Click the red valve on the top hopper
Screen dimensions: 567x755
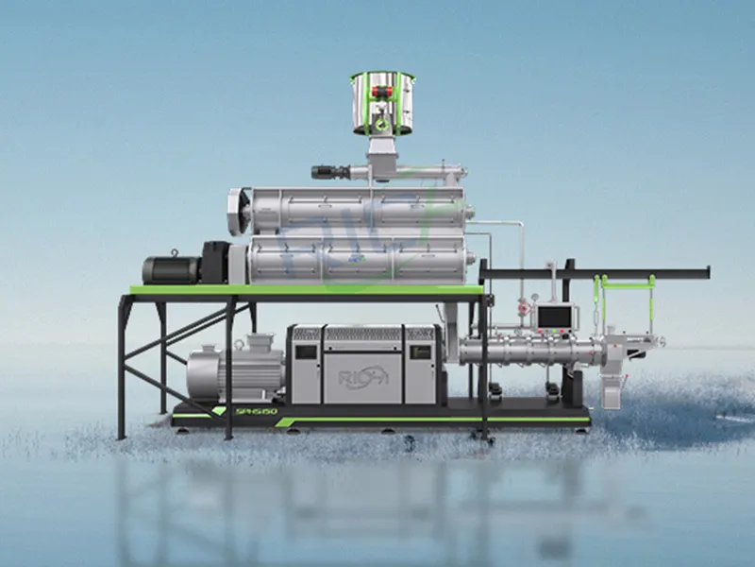[382, 93]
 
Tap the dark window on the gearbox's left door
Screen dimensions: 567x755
[308, 350]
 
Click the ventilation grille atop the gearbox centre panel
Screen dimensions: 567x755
[362, 333]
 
